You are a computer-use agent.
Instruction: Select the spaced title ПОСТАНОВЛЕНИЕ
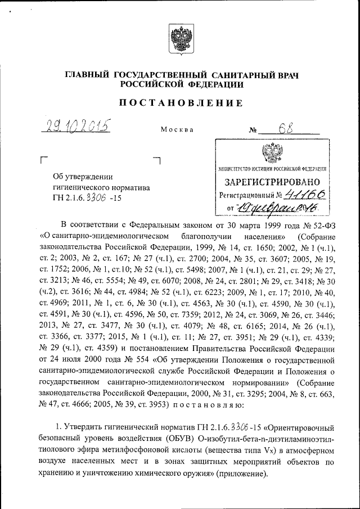pos(179,103)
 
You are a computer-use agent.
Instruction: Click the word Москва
pos(177,129)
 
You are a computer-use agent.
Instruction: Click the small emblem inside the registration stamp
pos(273,152)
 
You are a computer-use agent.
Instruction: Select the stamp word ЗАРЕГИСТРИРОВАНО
pos(273,182)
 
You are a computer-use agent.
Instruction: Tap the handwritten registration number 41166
pos(305,195)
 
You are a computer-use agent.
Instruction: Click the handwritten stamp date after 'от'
pos(278,209)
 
